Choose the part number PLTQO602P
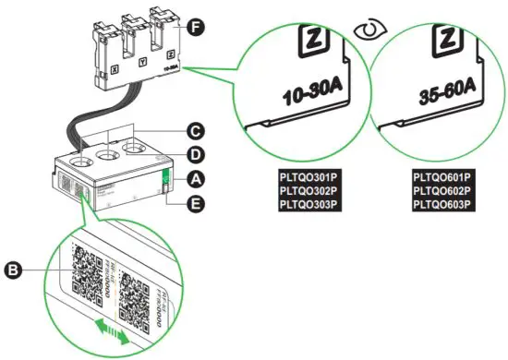[441, 189]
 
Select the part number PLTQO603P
[441, 203]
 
